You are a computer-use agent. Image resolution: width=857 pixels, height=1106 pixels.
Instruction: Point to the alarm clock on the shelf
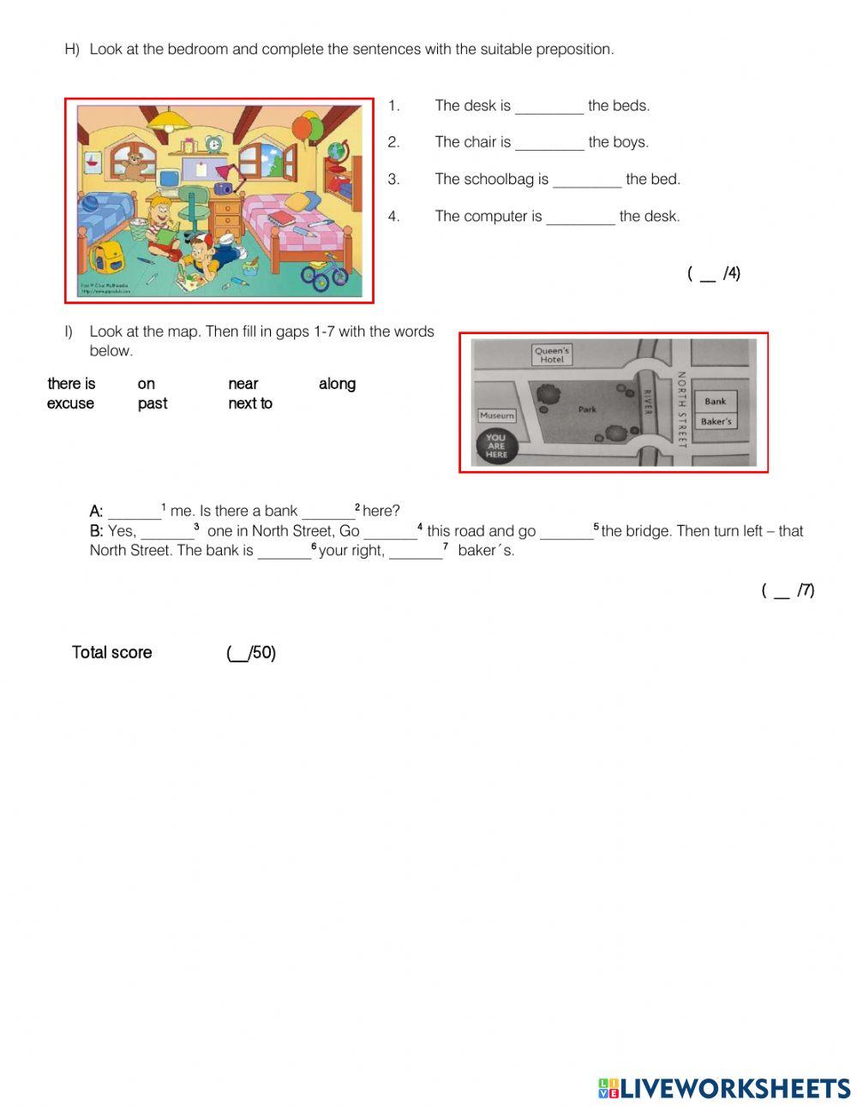pyautogui.click(x=212, y=143)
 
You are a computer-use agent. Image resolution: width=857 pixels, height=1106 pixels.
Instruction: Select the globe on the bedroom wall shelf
pyautogui.click(x=337, y=150)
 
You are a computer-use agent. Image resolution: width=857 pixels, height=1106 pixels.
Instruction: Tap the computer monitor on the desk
pyautogui.click(x=168, y=178)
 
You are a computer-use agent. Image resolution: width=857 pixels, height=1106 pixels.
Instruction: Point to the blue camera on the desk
pyautogui.click(x=225, y=188)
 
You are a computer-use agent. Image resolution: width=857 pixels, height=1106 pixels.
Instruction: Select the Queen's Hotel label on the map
pyautogui.click(x=551, y=355)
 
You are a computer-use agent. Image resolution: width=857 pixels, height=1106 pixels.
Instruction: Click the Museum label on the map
pyautogui.click(x=497, y=415)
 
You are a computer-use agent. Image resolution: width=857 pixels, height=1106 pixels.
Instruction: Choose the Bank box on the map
pyautogui.click(x=716, y=401)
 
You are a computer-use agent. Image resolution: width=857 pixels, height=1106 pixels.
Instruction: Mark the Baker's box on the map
pyautogui.click(x=716, y=421)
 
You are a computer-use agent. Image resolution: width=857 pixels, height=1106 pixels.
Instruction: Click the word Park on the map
pyautogui.click(x=587, y=410)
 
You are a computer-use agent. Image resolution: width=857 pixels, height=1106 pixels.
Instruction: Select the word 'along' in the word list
pyautogui.click(x=337, y=384)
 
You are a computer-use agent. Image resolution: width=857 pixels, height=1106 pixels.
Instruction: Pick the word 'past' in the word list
pyautogui.click(x=153, y=404)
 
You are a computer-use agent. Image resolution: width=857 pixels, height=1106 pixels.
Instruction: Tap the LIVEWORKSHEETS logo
pyautogui.click(x=723, y=1088)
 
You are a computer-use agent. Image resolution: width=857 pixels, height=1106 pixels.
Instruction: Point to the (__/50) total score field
pyautogui.click(x=251, y=653)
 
